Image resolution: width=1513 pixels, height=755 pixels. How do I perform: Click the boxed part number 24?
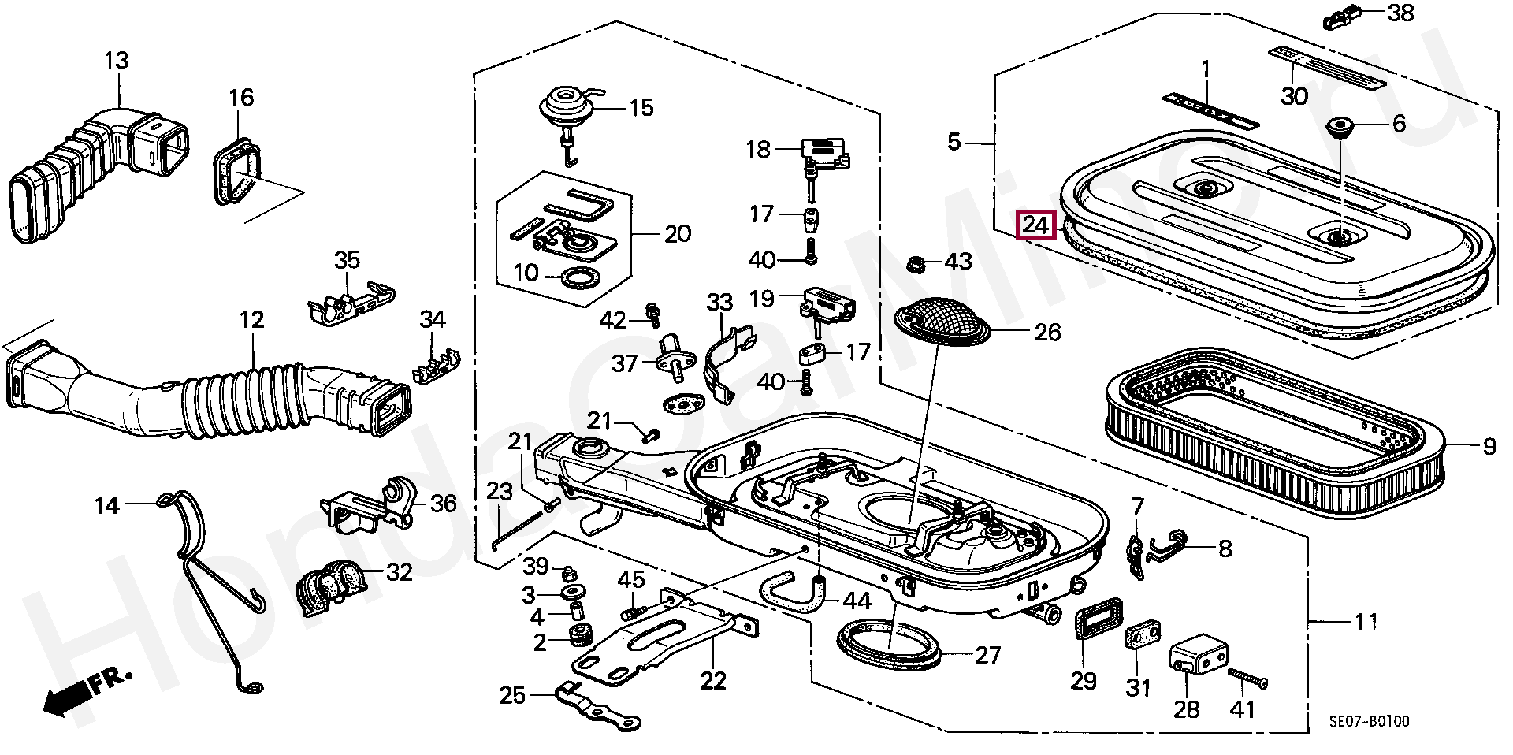tap(1035, 226)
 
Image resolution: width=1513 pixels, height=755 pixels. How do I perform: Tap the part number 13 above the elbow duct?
tap(117, 60)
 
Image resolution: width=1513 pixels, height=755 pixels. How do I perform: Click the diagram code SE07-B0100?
tap(1370, 721)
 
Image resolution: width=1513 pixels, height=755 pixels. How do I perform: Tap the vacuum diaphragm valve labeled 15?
tap(566, 110)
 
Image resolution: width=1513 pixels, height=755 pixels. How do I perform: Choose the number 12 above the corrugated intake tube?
tap(252, 320)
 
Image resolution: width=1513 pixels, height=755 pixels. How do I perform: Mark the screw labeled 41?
tap(1248, 679)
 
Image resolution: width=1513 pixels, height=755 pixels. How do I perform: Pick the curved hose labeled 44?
tap(796, 596)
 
